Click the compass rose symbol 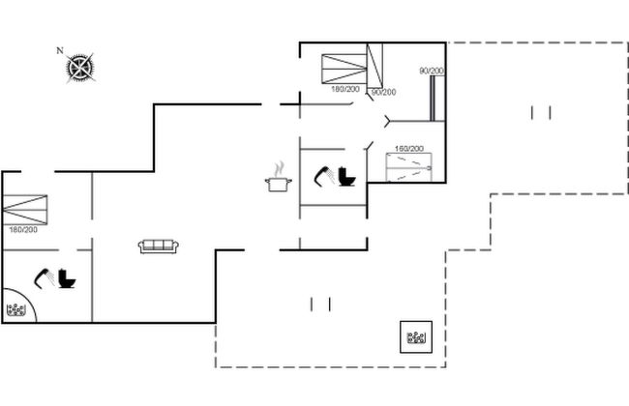click(80, 68)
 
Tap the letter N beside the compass click(60, 50)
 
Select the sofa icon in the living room click(159, 246)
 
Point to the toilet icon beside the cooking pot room click(346, 177)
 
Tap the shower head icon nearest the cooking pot click(324, 176)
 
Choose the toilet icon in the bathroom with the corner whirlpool click(67, 278)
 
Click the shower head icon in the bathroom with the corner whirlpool click(45, 278)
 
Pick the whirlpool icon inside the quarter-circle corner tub click(16, 309)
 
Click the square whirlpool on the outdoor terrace click(416, 337)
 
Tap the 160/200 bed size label click(408, 149)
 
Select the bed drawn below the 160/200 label click(408, 167)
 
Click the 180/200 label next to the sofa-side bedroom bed click(23, 230)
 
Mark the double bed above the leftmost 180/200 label click(25, 210)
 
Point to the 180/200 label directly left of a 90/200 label click(345, 89)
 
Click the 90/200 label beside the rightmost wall click(432, 71)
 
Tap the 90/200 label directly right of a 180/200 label click(384, 92)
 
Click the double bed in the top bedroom click(344, 69)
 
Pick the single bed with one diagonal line click(374, 66)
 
